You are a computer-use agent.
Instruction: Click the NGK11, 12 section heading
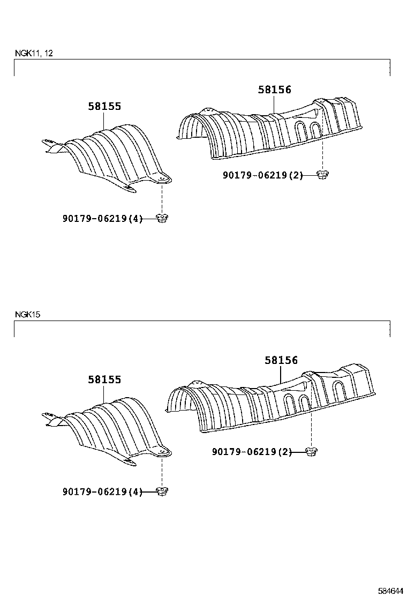[34, 53]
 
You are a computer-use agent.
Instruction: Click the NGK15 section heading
[27, 314]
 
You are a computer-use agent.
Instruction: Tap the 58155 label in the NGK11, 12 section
[105, 107]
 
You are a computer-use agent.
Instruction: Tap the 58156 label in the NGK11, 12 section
[275, 90]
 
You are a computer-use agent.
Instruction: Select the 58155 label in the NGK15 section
[105, 379]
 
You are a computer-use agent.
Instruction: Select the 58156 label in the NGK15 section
[281, 360]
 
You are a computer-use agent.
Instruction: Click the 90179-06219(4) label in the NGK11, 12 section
[102, 219]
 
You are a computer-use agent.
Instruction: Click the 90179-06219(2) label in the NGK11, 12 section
[263, 175]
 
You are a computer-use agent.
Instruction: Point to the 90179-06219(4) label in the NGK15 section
[102, 492]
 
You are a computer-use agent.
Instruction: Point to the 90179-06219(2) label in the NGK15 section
[252, 452]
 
